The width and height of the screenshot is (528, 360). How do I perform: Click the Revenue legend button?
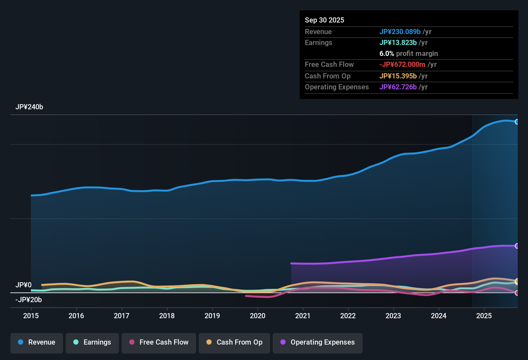(x=37, y=342)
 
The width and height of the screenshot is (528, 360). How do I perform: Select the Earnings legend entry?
(x=92, y=342)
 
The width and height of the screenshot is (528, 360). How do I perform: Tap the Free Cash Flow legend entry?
(x=159, y=342)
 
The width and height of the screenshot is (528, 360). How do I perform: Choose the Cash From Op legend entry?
(x=234, y=342)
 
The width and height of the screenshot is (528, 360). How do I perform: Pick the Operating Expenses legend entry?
(x=318, y=342)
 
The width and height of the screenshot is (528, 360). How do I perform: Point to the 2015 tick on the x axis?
(x=31, y=316)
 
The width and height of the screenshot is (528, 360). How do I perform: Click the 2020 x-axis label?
(x=258, y=316)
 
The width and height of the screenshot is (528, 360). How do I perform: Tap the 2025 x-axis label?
(x=484, y=316)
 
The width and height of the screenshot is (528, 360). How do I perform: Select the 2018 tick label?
(x=167, y=316)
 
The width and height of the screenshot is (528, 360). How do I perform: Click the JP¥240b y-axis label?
(x=29, y=107)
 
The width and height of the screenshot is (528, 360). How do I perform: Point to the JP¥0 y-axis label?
(x=23, y=285)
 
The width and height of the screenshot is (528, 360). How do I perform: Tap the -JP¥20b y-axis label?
(x=29, y=300)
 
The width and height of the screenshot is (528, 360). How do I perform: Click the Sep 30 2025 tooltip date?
(x=324, y=20)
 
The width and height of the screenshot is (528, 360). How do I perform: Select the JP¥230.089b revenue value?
(x=400, y=32)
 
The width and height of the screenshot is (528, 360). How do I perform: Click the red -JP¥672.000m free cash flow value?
(x=402, y=65)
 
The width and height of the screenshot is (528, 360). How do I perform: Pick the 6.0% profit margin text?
(x=408, y=54)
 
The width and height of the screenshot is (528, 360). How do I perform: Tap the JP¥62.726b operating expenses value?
(x=398, y=87)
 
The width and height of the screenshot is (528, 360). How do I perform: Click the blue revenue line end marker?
(x=517, y=122)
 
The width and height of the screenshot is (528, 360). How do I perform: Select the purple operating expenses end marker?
(x=517, y=246)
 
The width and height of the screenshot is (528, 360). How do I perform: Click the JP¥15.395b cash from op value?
(x=398, y=76)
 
